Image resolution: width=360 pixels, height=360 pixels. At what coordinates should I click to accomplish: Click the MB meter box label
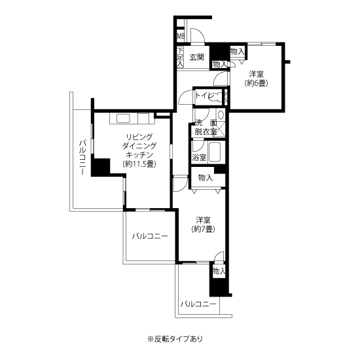(x=181, y=36)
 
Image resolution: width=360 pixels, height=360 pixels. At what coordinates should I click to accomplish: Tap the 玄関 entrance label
(x=197, y=57)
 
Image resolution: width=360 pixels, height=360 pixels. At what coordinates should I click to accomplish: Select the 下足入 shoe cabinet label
(x=180, y=57)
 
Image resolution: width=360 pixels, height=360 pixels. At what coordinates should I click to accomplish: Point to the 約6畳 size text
(x=256, y=83)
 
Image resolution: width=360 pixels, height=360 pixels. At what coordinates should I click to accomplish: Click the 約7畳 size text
(x=203, y=229)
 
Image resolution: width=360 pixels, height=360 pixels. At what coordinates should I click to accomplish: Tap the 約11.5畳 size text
(x=139, y=164)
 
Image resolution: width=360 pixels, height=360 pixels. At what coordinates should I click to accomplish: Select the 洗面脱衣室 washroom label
(x=206, y=127)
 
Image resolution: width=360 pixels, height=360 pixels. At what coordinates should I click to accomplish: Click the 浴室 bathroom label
(x=199, y=158)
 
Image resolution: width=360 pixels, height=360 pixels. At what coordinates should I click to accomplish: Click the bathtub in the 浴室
(x=215, y=152)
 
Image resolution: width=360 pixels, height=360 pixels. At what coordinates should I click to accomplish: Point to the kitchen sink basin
(x=124, y=118)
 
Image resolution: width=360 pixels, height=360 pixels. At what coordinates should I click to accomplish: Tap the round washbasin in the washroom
(x=221, y=115)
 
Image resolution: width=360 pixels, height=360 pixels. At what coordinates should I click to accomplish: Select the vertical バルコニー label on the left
(x=82, y=158)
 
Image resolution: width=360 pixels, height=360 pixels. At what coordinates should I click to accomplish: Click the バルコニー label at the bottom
(x=198, y=304)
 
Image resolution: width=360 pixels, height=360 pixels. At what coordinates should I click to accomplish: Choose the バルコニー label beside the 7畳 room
(x=150, y=236)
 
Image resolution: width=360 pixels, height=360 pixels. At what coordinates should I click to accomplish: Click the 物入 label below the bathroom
(x=206, y=177)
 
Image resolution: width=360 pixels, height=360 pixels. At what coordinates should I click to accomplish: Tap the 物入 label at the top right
(x=237, y=52)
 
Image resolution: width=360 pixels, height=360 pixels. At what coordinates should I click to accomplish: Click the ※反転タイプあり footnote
(x=175, y=338)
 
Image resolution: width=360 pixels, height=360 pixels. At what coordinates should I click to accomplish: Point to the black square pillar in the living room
(x=101, y=167)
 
